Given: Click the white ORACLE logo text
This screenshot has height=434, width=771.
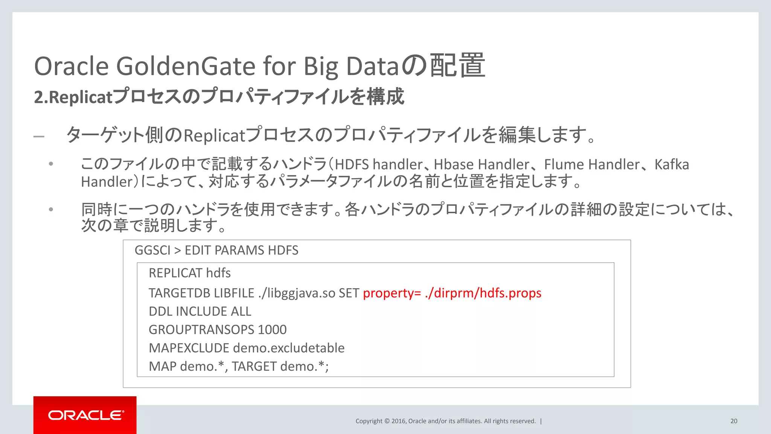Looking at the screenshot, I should point(86,415).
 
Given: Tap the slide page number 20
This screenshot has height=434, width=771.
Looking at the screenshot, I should point(734,421).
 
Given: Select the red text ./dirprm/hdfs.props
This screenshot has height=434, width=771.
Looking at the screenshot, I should point(483,293).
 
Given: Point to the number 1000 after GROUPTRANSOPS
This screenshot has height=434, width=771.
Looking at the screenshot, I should point(272,330).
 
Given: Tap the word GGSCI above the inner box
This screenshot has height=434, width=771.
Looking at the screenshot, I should point(152,250).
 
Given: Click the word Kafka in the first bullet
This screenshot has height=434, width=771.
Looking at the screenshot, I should point(672,165).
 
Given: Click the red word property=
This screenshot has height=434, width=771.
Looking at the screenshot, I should point(392,293).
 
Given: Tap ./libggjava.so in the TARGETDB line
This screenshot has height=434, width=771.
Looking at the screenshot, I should point(297,293).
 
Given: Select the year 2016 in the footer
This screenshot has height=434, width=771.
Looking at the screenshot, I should point(398,421).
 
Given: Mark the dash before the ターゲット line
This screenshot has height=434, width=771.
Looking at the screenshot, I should point(39,136).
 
